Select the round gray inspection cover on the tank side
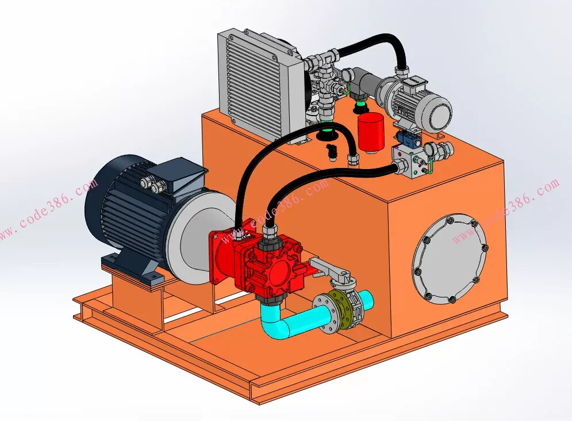(x=451, y=259)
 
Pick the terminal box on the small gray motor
(x=416, y=83)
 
